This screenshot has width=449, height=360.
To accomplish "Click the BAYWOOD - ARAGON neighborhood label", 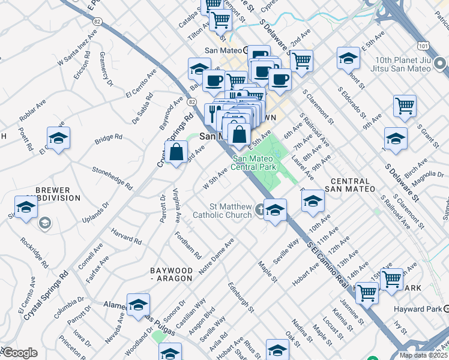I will click(171, 275).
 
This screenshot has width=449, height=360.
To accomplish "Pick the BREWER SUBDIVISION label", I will click(53, 193).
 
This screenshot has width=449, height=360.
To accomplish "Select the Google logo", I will click(20, 353).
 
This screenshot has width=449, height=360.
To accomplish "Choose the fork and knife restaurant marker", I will click(214, 113).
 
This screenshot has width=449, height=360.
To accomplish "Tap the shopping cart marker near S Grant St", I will click(405, 106).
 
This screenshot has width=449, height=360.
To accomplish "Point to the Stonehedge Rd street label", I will click(112, 178).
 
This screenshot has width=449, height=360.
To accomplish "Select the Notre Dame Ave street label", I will click(215, 258).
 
